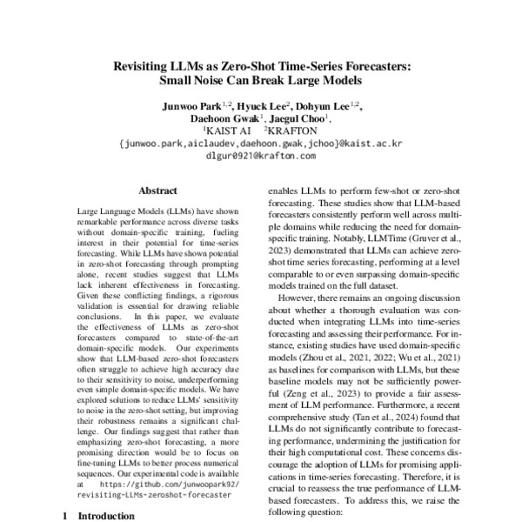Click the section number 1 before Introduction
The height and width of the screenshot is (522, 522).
coord(67,514)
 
